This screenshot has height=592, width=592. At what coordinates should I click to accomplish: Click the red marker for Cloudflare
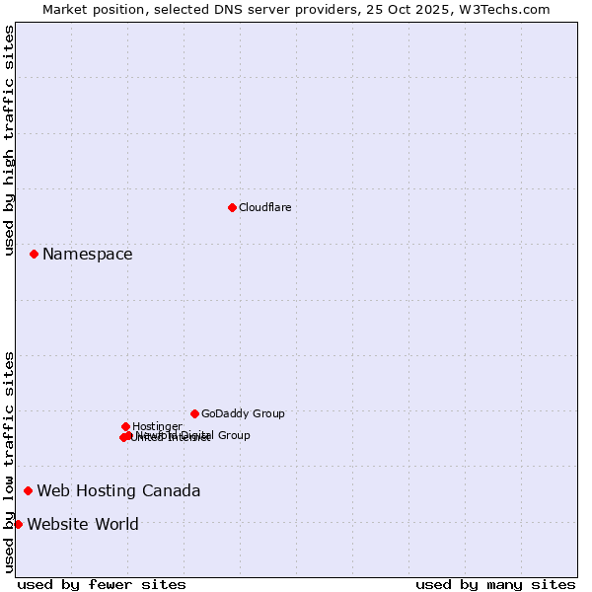point(232,207)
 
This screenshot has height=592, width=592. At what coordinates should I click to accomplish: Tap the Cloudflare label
point(264,207)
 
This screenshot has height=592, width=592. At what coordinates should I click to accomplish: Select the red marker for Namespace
point(34,254)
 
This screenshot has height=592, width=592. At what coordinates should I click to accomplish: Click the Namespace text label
point(87,255)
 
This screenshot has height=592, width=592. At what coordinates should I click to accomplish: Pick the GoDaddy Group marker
point(194,413)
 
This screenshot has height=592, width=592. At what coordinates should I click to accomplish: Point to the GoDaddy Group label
point(243,414)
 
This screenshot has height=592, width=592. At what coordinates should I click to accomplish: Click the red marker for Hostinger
point(125,426)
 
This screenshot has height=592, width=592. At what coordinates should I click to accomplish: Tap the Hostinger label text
point(157,426)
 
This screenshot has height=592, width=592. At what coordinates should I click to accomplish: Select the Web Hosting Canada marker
point(28,490)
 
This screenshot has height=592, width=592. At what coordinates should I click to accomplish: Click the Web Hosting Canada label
point(118,491)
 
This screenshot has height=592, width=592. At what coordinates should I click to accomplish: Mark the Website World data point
point(18,524)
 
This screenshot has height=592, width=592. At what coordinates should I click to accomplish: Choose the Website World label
point(83,525)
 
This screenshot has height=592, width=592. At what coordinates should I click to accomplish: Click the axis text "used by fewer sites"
point(102,584)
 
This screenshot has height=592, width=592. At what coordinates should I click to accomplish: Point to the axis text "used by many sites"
point(495,584)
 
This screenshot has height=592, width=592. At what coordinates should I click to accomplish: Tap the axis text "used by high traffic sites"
point(10,140)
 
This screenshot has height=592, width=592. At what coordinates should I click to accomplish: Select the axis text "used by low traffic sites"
point(10,462)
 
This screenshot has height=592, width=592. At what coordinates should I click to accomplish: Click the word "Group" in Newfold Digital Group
point(233,435)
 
